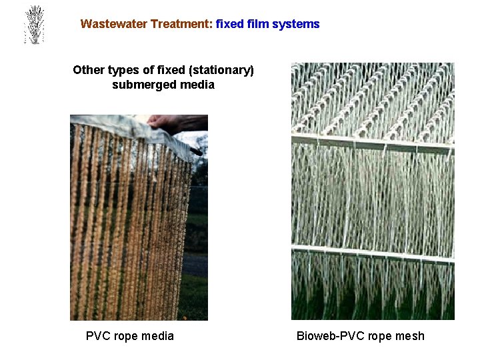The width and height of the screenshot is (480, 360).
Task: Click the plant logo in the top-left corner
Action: [x=33, y=25]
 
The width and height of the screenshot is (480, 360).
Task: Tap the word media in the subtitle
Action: [x=198, y=85]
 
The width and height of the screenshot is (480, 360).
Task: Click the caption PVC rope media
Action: [x=130, y=336]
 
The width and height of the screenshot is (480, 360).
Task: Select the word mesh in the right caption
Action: [x=409, y=336]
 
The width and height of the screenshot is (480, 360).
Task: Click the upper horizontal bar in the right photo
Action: [x=373, y=141]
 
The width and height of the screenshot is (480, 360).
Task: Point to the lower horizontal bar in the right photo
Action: [x=373, y=253]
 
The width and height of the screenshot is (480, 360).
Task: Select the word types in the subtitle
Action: [x=126, y=70]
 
